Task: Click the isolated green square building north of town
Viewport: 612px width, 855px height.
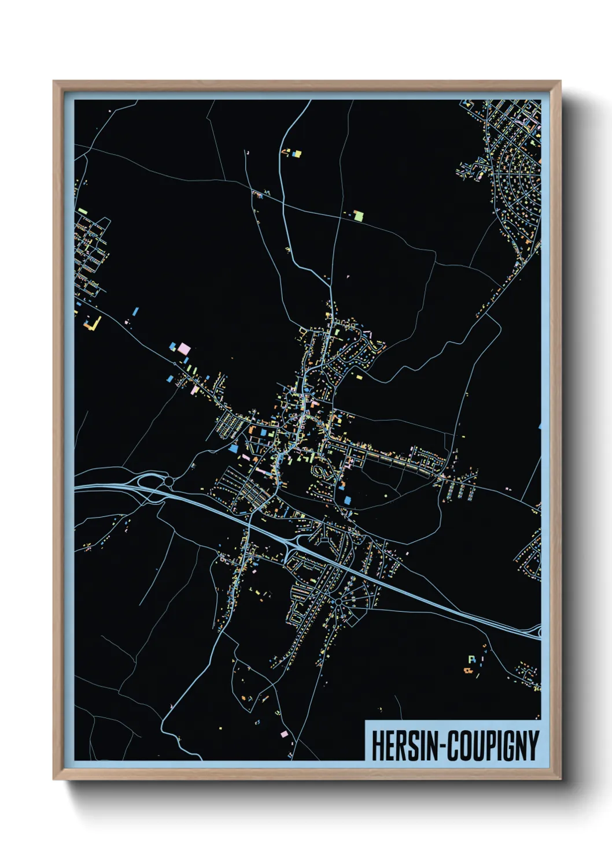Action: point(359,216)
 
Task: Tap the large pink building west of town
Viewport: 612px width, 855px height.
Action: point(184,348)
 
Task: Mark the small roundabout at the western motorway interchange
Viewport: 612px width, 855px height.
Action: point(168,480)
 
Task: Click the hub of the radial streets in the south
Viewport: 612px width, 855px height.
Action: point(337,602)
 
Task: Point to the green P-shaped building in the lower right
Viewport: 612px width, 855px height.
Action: point(472,659)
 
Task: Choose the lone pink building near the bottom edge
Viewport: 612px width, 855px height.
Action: point(284,734)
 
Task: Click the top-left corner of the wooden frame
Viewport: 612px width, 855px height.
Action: point(54,82)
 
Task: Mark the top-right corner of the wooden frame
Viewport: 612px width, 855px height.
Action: point(560,82)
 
